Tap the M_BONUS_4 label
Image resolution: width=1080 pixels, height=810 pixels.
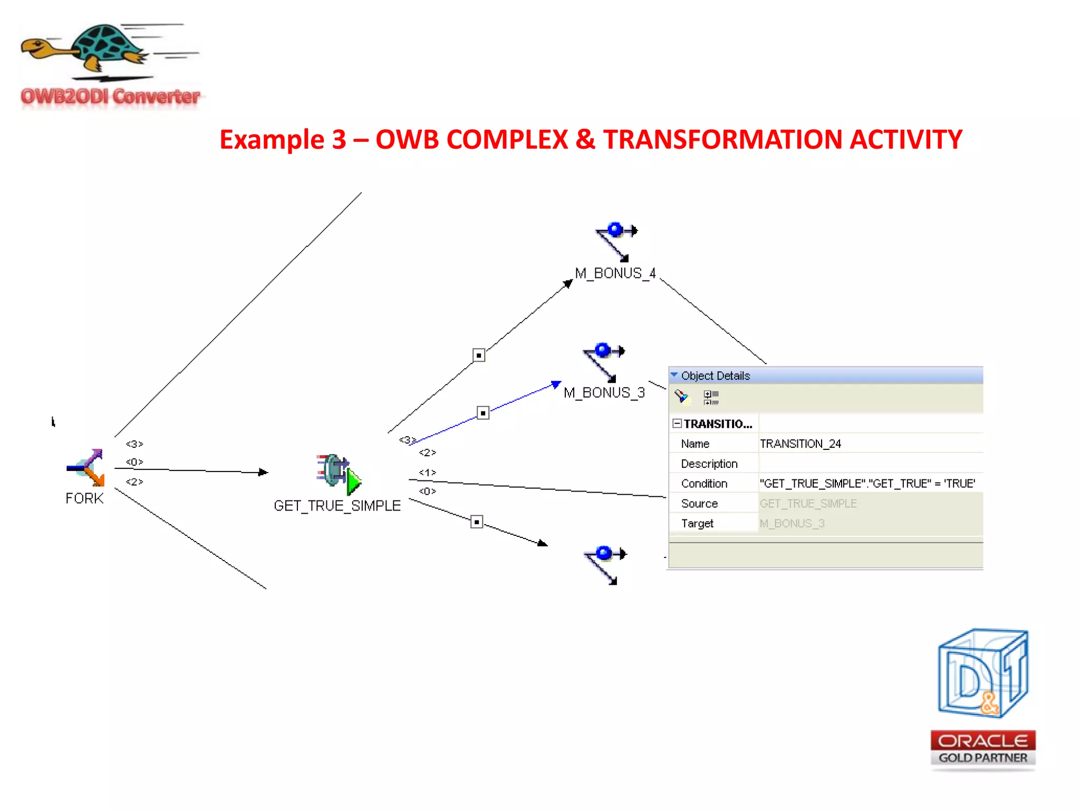[615, 273]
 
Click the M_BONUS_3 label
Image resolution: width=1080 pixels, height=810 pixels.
[604, 393]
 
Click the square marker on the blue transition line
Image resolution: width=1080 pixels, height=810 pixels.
[483, 413]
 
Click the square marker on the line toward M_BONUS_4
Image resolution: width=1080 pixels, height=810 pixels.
[479, 355]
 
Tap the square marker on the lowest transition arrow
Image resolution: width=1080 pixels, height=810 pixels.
[477, 522]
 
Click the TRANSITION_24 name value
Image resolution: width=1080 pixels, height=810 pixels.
[800, 444]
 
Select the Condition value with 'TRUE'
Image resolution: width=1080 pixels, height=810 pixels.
[867, 484]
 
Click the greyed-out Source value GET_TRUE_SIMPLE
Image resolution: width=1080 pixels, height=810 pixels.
[808, 504]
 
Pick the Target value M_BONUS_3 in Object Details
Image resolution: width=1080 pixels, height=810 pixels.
[792, 524]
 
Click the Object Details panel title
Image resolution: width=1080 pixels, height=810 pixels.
[715, 376]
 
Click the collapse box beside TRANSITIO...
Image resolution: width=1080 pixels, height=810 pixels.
[677, 423]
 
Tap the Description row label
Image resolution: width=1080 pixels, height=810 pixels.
[709, 464]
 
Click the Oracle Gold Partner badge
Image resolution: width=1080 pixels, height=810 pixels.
[983, 748]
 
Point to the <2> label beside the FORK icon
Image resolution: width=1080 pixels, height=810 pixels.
[134, 482]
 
